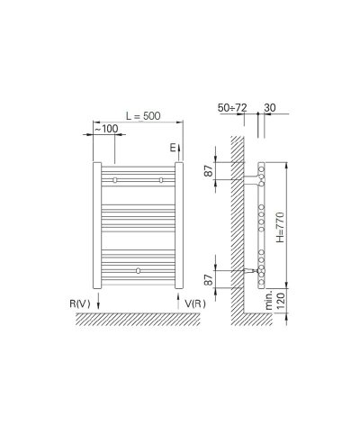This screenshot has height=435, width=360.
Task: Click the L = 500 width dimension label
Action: [143, 116]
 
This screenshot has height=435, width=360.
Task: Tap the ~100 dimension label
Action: [106, 129]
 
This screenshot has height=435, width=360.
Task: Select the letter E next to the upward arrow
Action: [173, 148]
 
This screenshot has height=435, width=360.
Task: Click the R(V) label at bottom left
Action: [80, 304]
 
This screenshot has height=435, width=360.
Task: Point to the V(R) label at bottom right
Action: [195, 304]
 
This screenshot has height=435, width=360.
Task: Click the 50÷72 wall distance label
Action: [232, 107]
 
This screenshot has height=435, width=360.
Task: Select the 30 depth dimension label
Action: [270, 107]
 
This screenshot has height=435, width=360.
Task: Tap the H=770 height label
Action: [280, 227]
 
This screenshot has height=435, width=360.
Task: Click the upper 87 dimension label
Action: [210, 171]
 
